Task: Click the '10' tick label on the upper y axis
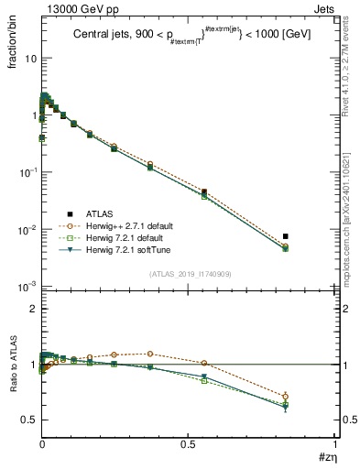tap(29, 58)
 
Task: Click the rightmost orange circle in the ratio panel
tap(286, 396)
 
